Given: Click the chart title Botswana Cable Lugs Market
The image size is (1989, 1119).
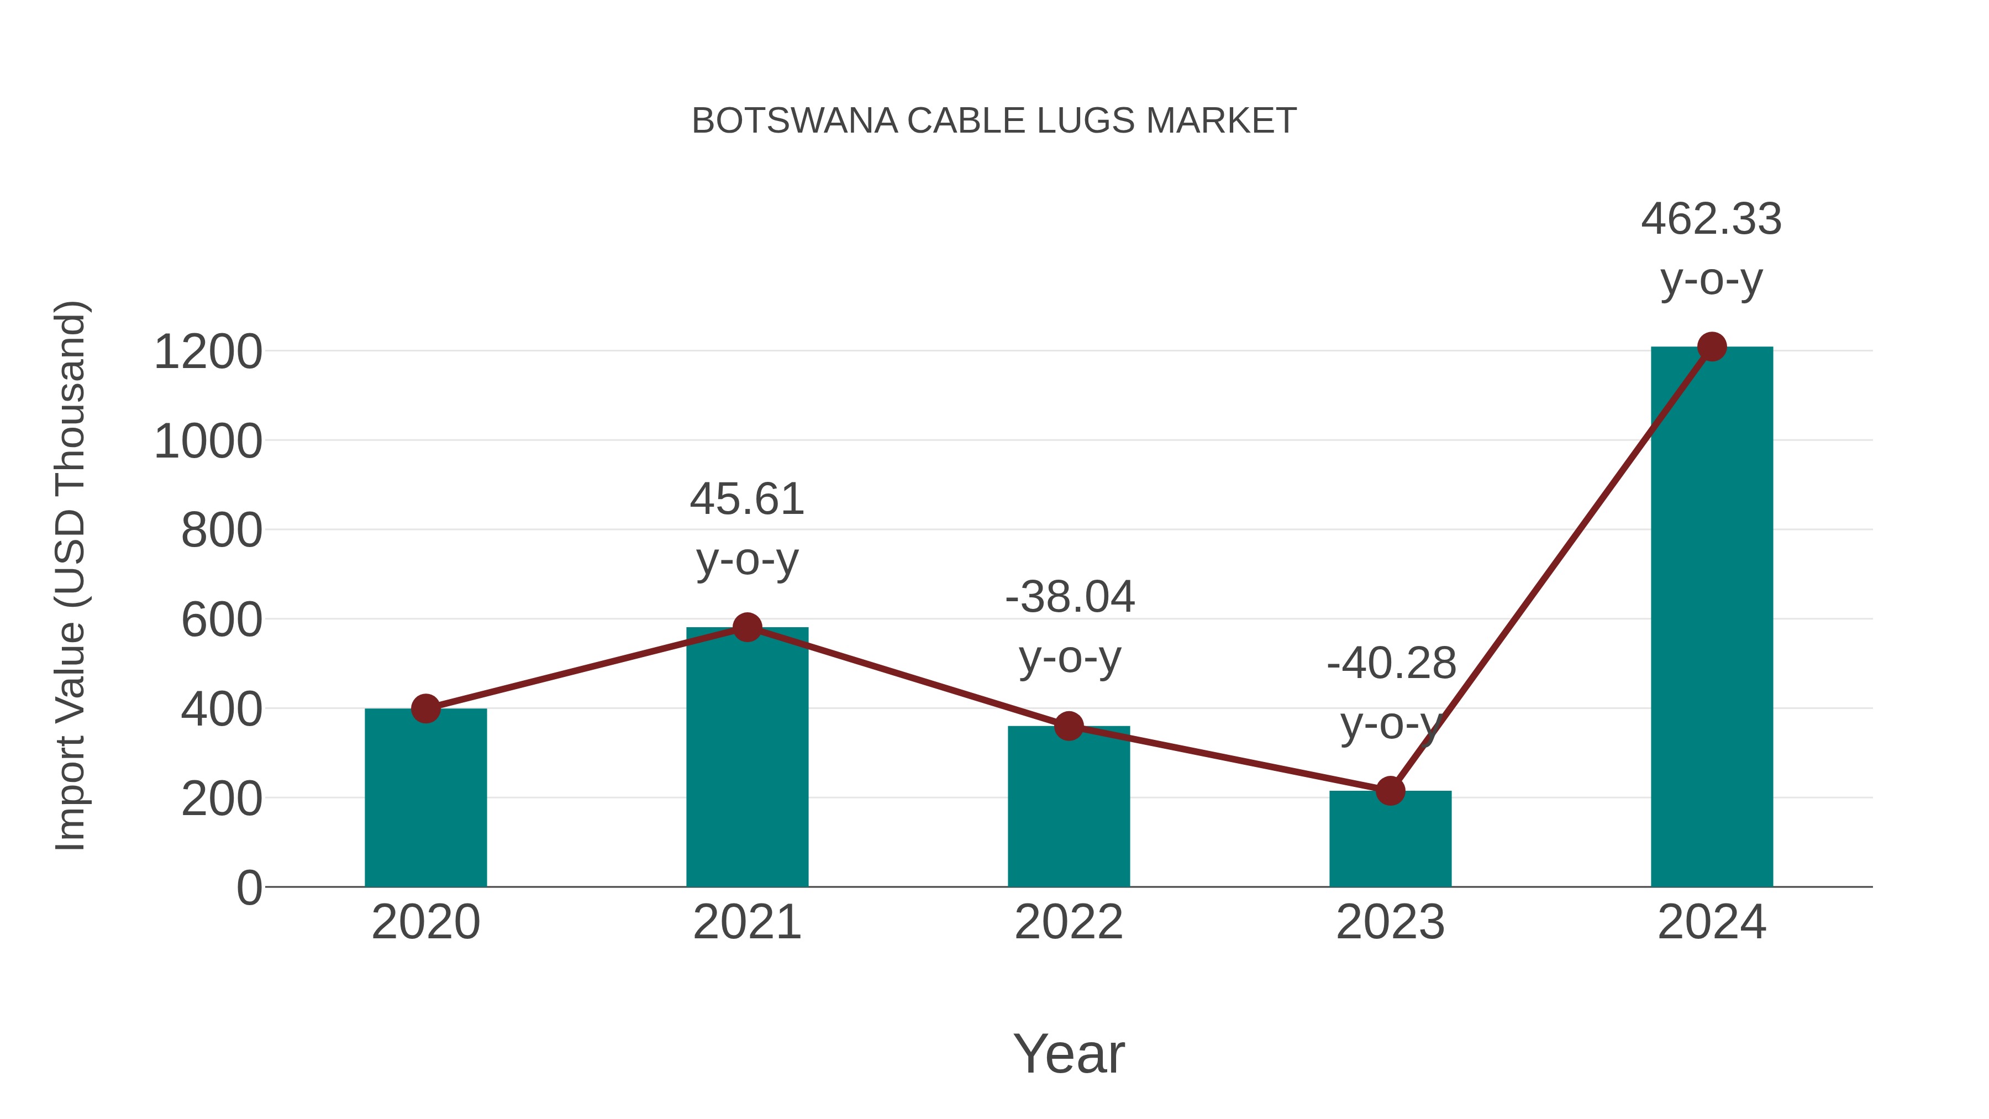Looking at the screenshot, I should pyautogui.click(x=994, y=121).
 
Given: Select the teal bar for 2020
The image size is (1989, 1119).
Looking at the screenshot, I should pyautogui.click(x=425, y=803).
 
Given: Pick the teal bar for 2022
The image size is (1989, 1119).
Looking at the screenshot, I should pyautogui.click(x=1069, y=811).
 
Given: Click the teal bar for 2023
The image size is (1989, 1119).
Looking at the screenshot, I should pyautogui.click(x=1390, y=842).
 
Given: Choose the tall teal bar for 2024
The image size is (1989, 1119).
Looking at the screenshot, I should pyautogui.click(x=1712, y=618).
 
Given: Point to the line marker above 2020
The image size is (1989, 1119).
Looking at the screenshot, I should pyautogui.click(x=425, y=708).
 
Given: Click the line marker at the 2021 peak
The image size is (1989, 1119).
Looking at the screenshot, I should pyautogui.click(x=746, y=627).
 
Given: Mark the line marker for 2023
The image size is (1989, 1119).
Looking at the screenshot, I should pyautogui.click(x=1390, y=791).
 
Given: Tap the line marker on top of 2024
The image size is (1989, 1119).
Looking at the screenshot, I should pyautogui.click(x=1712, y=346).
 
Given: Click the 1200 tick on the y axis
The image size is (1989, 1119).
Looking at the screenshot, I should pyautogui.click(x=208, y=352).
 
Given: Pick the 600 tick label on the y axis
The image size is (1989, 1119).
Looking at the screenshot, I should pyautogui.click(x=222, y=620).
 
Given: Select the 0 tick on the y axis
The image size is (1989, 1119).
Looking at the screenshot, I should pyautogui.click(x=249, y=888).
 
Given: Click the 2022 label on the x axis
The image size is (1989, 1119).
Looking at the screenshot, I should pyautogui.click(x=1069, y=922).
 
